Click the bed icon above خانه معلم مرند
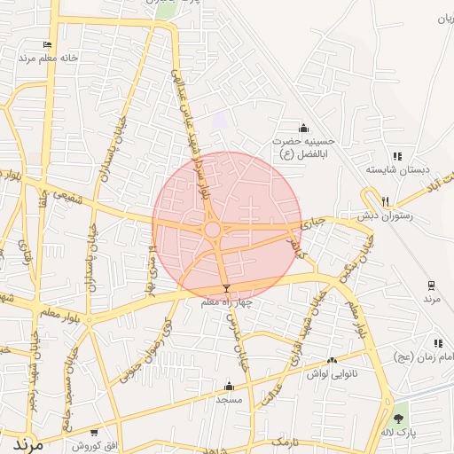(x=47, y=44)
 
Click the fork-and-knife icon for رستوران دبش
(x=385, y=201)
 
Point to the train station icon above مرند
(x=431, y=285)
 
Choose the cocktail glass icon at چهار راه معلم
(x=227, y=289)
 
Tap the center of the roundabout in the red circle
(x=213, y=230)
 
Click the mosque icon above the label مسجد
(x=229, y=386)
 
